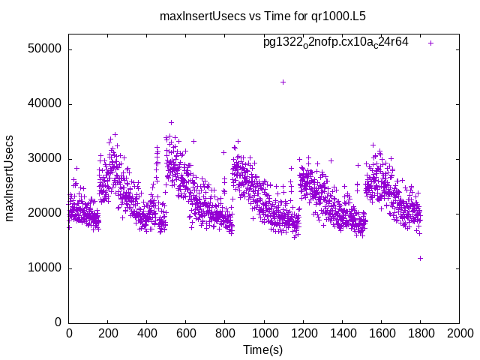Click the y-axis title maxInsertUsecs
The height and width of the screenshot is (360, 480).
pos(10,178)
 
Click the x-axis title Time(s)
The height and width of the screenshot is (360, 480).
pos(263,349)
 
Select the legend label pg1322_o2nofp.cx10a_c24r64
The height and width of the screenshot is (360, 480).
pos(335,42)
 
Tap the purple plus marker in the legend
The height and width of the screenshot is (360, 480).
pos(430,43)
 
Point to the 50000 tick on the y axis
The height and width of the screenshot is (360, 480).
pos(46,49)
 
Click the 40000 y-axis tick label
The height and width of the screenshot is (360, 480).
pos(46,104)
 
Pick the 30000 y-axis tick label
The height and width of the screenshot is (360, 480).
pos(46,159)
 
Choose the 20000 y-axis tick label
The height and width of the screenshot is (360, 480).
pos(46,213)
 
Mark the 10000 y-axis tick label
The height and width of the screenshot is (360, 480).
pos(46,268)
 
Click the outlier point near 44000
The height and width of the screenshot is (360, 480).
pos(283,82)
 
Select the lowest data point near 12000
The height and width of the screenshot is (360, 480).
pos(420,258)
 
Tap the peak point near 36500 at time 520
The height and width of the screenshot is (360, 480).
pos(171,122)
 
